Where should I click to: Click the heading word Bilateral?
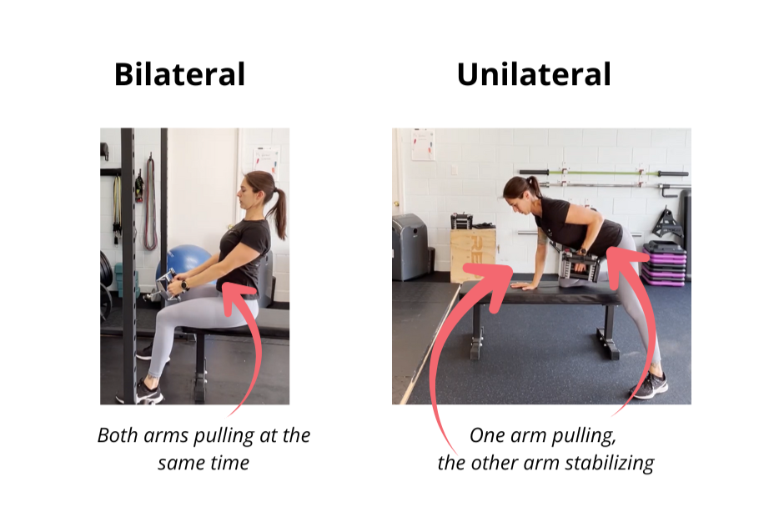[179, 74]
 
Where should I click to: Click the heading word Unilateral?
[534, 74]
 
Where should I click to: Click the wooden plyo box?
[473, 255]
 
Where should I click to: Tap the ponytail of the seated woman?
[279, 210]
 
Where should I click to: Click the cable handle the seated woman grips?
[167, 284]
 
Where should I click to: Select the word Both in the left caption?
[118, 435]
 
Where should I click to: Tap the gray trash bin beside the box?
[410, 248]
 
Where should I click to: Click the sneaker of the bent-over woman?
[649, 385]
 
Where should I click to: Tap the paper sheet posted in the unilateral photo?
[423, 144]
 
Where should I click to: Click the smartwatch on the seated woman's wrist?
[184, 284]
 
